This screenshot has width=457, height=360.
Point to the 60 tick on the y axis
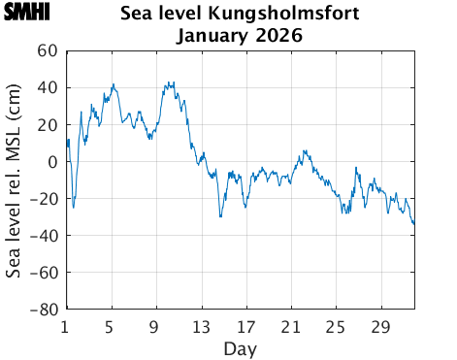tap(47, 50)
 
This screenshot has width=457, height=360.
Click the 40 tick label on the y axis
tap(47, 87)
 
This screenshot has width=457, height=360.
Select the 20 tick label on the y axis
tap(47, 124)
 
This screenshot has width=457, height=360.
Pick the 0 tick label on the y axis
tap(52, 161)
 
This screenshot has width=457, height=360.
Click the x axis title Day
tap(240, 346)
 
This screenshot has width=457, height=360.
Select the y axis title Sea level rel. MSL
tap(15, 180)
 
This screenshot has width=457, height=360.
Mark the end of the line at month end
tap(414, 223)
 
